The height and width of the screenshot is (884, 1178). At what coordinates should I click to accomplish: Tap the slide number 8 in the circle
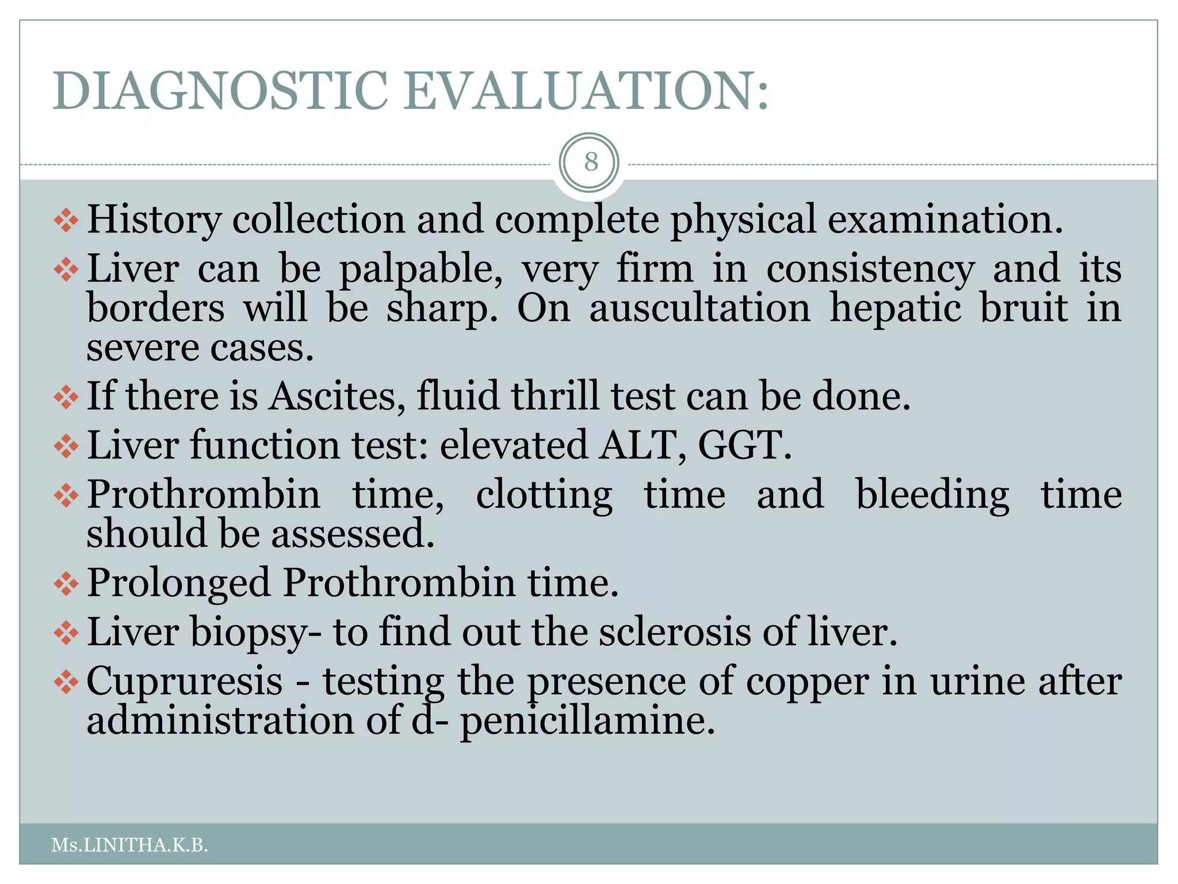590,162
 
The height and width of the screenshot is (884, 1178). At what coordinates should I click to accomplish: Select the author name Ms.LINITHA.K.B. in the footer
129,845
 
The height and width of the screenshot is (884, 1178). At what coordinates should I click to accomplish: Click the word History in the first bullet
154,220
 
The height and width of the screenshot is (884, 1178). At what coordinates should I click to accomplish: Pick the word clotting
544,495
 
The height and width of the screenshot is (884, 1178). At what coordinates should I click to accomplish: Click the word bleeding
932,495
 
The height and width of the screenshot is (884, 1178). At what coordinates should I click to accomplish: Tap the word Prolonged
179,583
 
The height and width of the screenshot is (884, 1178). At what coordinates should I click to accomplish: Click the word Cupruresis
185,681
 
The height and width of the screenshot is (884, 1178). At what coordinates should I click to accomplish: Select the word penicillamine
587,721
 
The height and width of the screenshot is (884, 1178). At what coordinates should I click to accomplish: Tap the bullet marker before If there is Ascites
66,397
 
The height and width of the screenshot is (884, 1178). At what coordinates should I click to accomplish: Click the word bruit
1024,308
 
